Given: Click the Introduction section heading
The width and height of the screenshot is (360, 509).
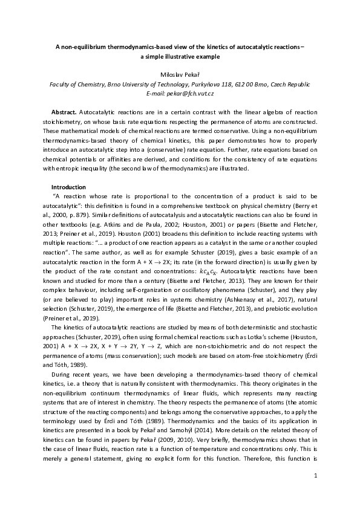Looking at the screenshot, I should tap(68, 187).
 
